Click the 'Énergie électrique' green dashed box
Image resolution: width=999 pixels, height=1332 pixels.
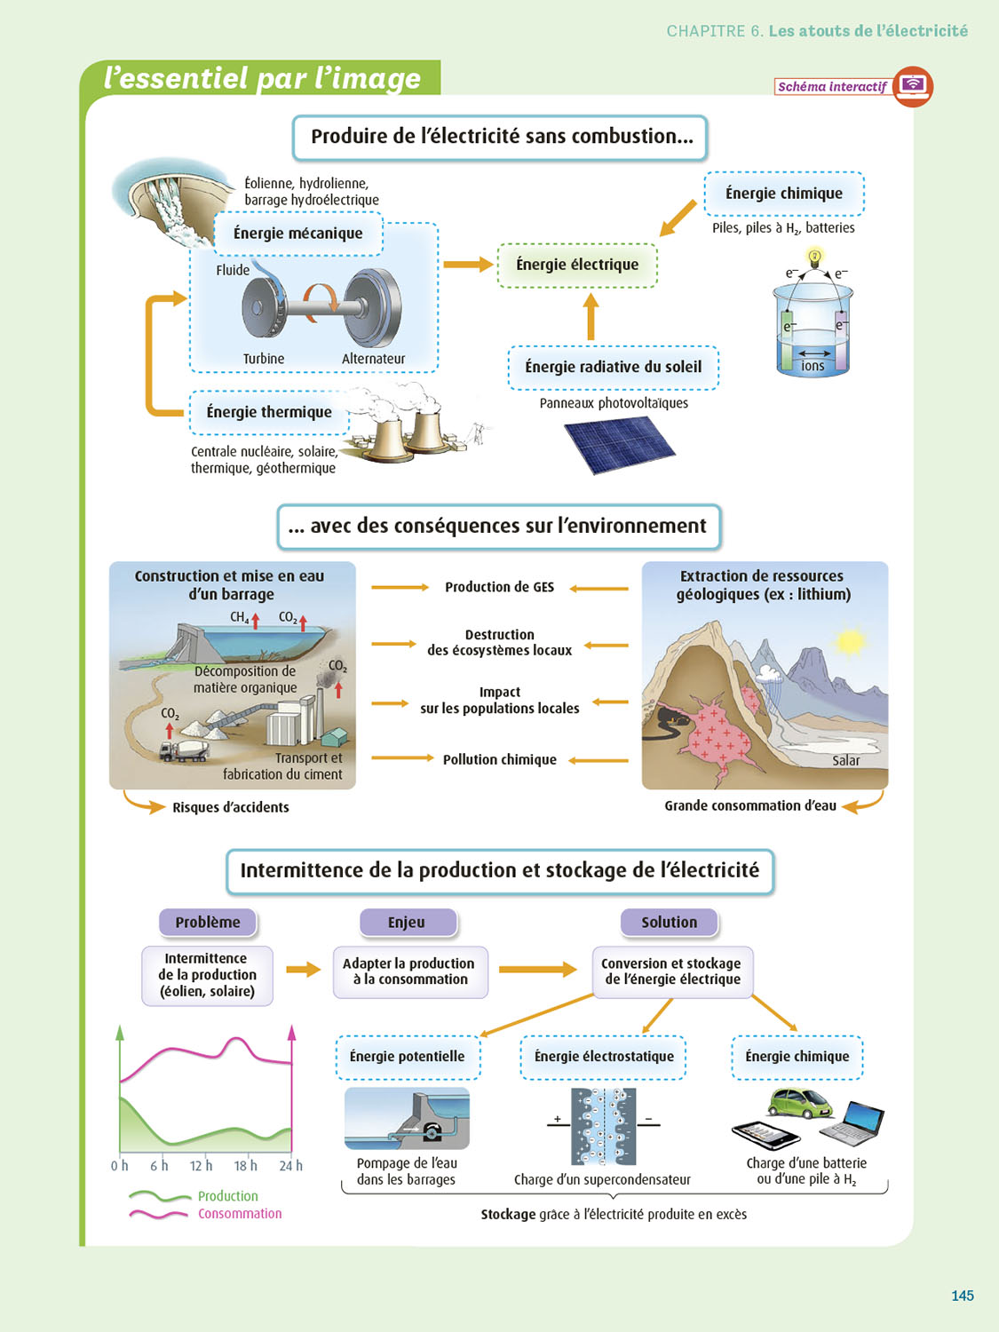tap(577, 265)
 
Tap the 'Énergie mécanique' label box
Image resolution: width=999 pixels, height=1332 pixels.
tap(298, 234)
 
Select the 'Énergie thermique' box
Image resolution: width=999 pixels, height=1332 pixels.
tap(268, 412)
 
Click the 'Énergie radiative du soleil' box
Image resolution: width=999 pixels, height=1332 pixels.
tap(613, 368)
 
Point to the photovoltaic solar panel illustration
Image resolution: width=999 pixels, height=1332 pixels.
tap(620, 443)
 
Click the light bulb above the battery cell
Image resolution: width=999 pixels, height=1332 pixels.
tap(814, 258)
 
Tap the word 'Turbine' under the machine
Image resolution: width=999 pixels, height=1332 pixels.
tap(264, 359)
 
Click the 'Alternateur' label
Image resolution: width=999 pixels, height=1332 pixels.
tap(373, 359)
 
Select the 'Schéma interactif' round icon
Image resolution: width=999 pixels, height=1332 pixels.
tap(912, 86)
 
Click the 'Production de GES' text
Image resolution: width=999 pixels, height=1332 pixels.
tap(499, 587)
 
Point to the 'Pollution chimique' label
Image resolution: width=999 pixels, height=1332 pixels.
tap(499, 760)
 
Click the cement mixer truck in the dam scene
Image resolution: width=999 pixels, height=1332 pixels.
tap(184, 750)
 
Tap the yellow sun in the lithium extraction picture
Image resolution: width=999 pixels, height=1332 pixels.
tap(850, 642)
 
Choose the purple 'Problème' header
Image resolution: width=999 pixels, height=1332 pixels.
tap(208, 922)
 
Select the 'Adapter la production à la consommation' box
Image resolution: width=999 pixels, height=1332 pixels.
tap(409, 971)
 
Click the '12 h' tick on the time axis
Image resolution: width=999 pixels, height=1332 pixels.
tap(202, 1165)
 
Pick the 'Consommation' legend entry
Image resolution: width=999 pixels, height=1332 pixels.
tap(239, 1214)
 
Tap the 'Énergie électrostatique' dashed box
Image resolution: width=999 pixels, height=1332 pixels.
tap(604, 1057)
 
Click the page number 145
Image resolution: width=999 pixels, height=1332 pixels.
tap(963, 1296)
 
